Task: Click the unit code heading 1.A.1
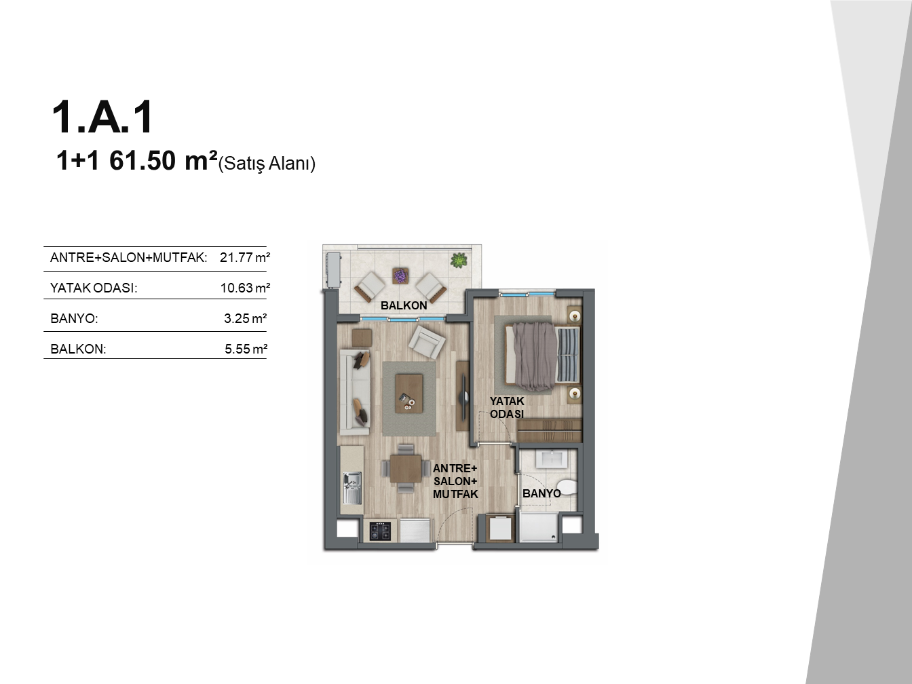coord(102,117)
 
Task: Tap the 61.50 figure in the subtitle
coord(142,161)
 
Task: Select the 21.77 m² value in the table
coord(245,257)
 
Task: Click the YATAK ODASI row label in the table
coord(94,288)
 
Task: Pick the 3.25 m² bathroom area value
coord(245,318)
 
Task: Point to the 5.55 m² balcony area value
coord(246,349)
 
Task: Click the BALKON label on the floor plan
coord(404,305)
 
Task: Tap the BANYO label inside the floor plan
coord(541,493)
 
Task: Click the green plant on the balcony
coord(459,261)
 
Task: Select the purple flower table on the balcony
coord(400,275)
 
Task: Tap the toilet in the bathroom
coord(567,487)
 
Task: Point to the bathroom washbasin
coord(552,459)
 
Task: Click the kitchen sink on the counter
coord(352,489)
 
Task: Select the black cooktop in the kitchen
coord(380,531)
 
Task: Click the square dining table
coord(406,468)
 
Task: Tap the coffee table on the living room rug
coord(409,394)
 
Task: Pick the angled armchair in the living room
coord(427,342)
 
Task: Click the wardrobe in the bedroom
coord(549,430)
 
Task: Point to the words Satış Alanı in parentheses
coord(267,164)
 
